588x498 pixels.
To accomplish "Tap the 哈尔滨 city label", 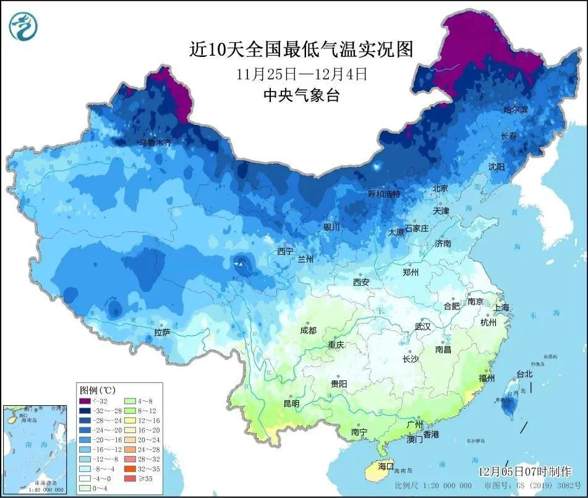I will [x=515, y=110].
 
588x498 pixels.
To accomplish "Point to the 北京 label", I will [x=440, y=188].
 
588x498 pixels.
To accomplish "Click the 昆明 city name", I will [x=291, y=403].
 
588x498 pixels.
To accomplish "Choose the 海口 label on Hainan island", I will [x=386, y=465].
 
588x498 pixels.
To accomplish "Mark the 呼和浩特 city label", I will [x=384, y=194].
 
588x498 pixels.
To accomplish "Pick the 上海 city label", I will [x=501, y=307].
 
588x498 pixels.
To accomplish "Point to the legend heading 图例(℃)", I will [x=97, y=390].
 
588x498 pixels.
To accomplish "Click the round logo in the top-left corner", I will [x=23, y=26].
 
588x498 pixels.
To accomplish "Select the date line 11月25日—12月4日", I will [x=301, y=74].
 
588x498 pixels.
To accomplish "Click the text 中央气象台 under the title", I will [x=301, y=96].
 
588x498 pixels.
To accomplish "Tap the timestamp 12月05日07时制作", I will [x=524, y=471].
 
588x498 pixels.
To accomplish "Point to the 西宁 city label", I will [x=285, y=252].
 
